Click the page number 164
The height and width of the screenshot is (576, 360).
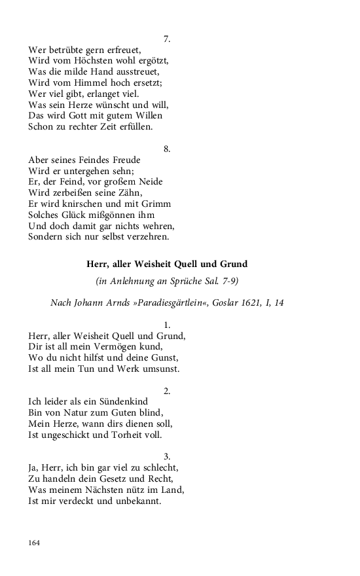click(35, 543)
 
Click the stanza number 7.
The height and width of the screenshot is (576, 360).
click(167, 39)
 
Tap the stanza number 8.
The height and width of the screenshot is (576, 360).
click(167, 149)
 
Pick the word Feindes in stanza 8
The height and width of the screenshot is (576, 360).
click(99, 160)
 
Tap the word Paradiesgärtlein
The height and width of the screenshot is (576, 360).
click(165, 302)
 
